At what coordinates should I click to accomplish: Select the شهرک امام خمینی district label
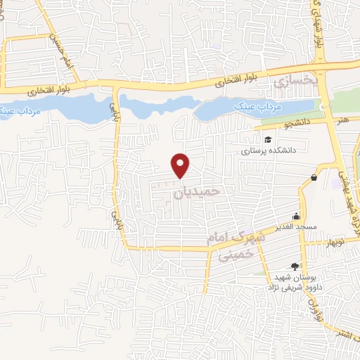point(235,246)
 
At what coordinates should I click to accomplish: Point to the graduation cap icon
point(268,138)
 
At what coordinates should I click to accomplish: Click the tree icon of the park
point(294,266)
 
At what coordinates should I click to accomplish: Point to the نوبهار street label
point(331,243)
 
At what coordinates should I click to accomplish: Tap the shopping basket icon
point(313,176)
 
